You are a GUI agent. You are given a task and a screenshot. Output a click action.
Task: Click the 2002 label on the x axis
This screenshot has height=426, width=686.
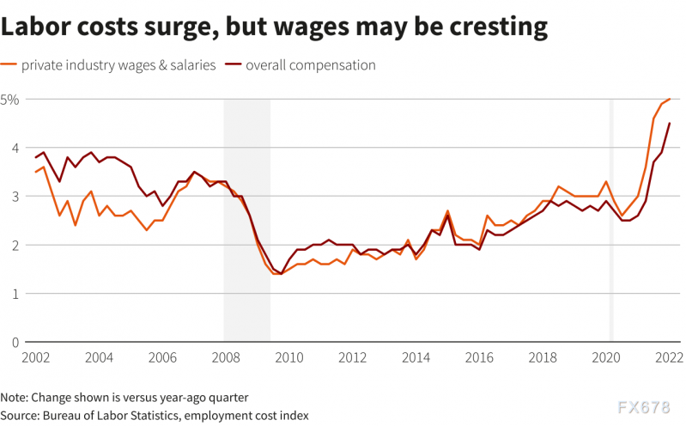pos(35,357)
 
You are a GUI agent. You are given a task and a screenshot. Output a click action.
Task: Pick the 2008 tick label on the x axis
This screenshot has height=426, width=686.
pos(224,357)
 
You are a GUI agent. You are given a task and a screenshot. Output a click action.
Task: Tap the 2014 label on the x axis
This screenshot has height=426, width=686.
pos(416,357)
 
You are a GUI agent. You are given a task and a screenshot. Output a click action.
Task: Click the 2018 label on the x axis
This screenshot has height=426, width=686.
pos(543,357)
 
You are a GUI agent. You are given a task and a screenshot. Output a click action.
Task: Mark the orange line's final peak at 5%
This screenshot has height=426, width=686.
pos(670,100)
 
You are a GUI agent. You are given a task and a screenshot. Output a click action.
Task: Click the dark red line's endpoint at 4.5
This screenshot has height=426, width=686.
pos(670,124)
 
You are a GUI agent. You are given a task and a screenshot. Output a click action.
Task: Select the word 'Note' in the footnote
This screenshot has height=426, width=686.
pos(15,398)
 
